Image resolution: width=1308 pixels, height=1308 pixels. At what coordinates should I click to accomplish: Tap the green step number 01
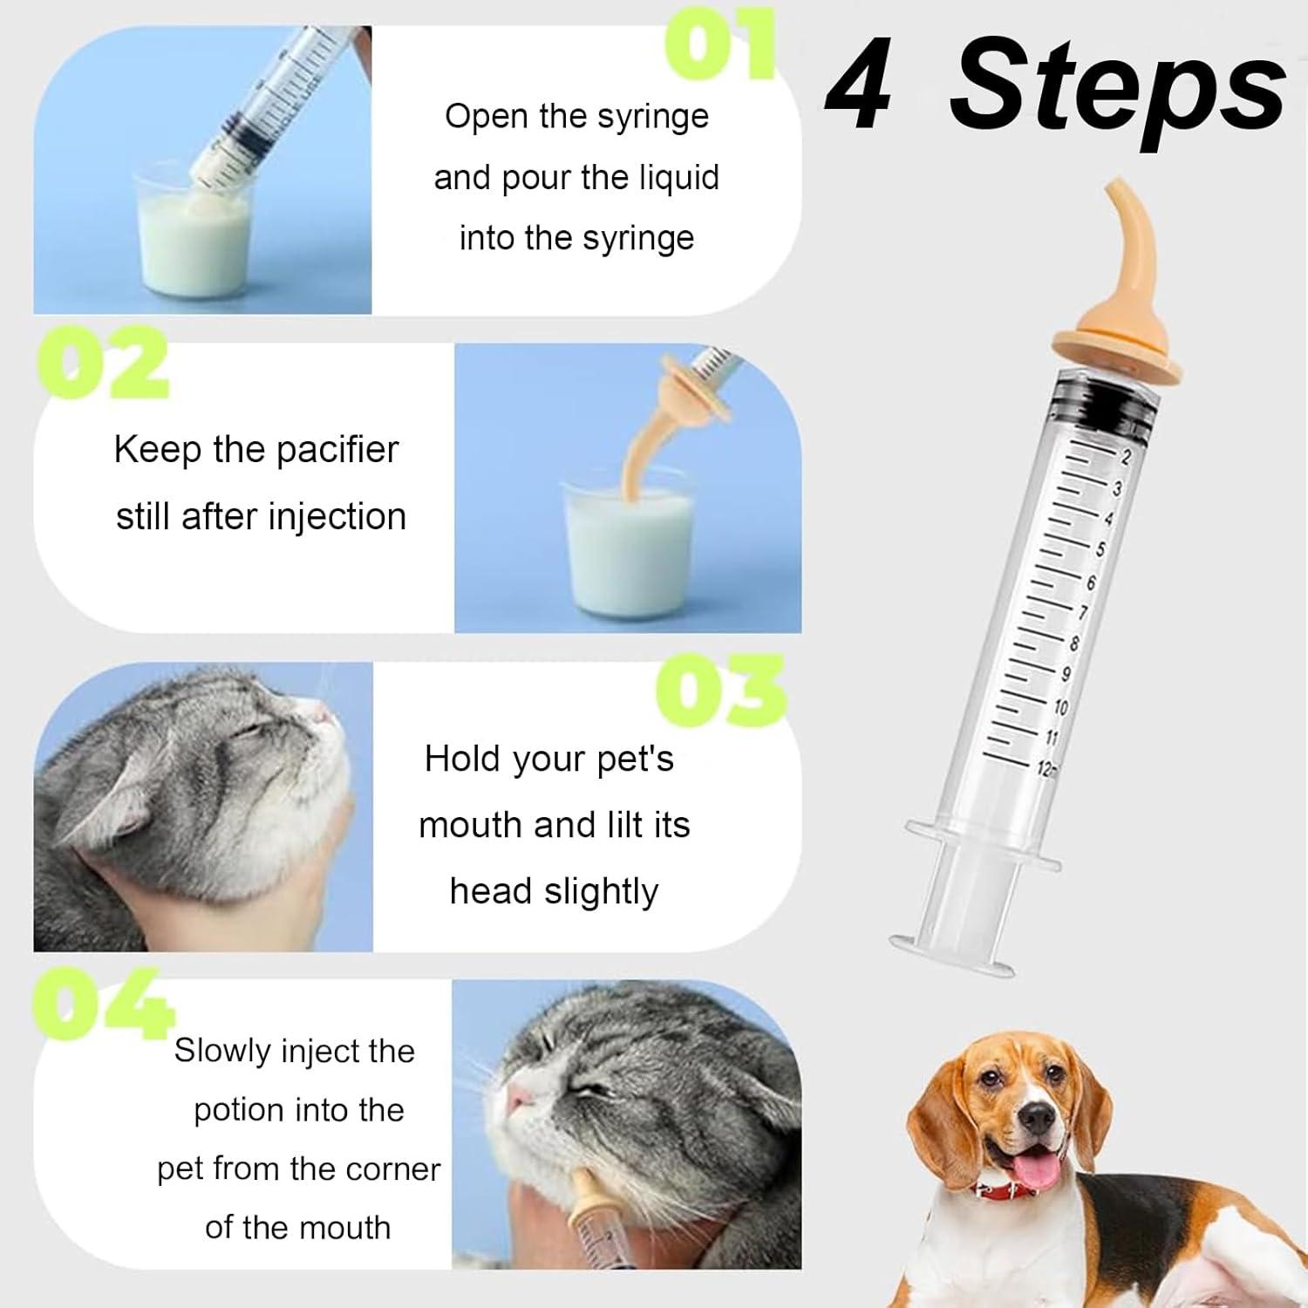tap(719, 44)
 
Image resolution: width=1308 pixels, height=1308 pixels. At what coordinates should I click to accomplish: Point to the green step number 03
tap(721, 691)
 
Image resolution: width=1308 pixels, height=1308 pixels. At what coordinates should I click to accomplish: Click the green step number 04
tap(102, 1003)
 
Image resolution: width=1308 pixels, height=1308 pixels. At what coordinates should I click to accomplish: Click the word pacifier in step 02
tap(337, 450)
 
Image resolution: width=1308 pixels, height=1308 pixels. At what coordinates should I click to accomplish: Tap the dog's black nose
tap(1037, 1114)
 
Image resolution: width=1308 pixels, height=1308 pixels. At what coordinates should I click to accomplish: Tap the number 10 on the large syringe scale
tap(1060, 706)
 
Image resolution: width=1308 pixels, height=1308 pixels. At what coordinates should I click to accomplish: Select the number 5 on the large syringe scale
tap(1100, 548)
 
